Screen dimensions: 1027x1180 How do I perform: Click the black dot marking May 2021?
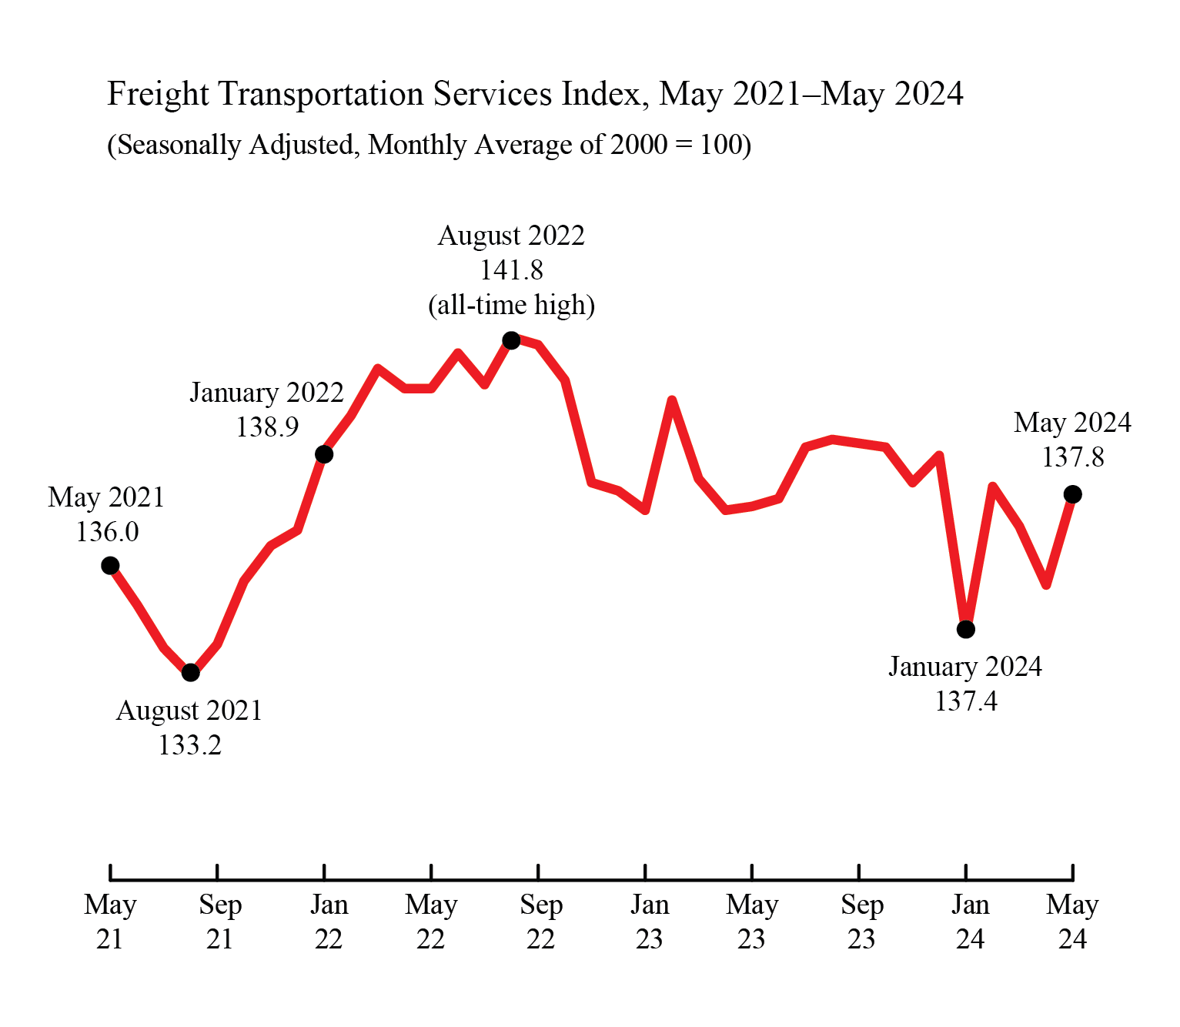click(x=110, y=566)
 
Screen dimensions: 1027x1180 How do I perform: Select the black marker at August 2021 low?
click(x=191, y=673)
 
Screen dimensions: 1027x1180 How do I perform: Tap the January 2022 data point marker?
click(x=324, y=454)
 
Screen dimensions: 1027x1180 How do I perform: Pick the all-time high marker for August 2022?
click(x=511, y=340)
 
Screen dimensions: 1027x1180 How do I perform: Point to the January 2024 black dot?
click(x=966, y=629)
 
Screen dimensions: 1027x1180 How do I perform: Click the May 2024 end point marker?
click(x=1072, y=494)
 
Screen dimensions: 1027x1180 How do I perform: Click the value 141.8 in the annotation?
click(x=511, y=270)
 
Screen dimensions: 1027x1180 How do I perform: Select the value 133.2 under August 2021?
click(x=189, y=745)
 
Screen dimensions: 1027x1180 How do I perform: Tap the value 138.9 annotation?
click(x=266, y=427)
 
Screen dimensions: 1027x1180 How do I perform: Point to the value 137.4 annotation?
click(x=965, y=701)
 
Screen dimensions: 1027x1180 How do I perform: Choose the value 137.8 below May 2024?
click(x=1072, y=457)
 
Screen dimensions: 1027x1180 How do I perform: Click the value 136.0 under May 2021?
click(x=107, y=532)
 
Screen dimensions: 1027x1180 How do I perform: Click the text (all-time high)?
click(x=511, y=305)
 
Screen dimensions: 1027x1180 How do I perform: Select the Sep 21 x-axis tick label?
click(x=219, y=922)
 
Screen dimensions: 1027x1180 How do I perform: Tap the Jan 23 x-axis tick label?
click(x=649, y=922)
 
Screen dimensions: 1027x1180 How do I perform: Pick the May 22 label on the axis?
click(x=431, y=922)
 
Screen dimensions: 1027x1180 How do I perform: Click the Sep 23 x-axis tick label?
click(x=861, y=922)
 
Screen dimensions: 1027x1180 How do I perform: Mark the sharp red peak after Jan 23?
click(x=672, y=400)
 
